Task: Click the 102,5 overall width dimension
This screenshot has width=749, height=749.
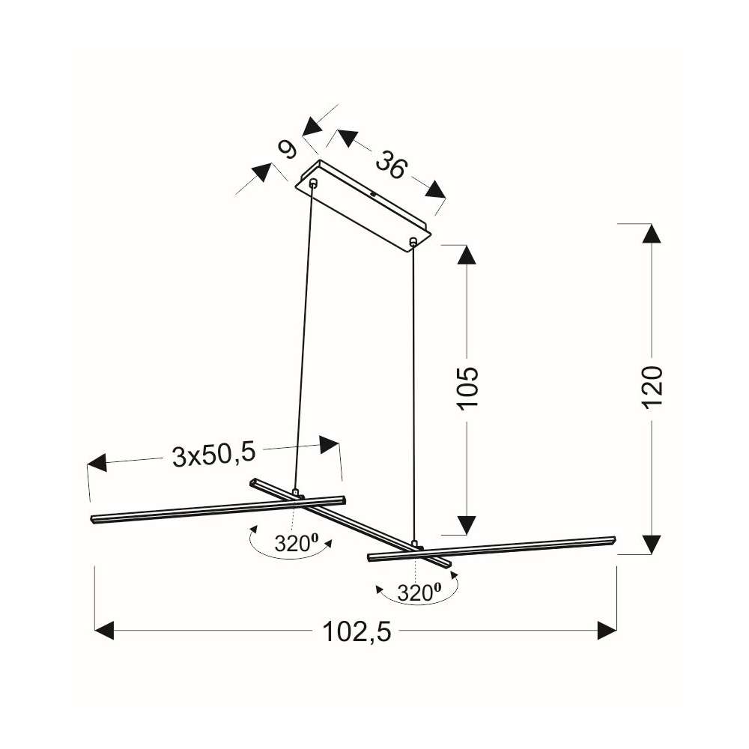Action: click(x=357, y=631)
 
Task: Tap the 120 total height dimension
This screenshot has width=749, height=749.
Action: click(x=652, y=386)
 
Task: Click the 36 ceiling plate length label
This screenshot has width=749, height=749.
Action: click(x=391, y=165)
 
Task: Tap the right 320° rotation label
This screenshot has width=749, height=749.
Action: click(x=419, y=592)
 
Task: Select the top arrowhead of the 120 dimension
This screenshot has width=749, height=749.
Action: click(x=652, y=234)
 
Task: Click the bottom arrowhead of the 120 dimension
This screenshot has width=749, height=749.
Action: click(x=652, y=545)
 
